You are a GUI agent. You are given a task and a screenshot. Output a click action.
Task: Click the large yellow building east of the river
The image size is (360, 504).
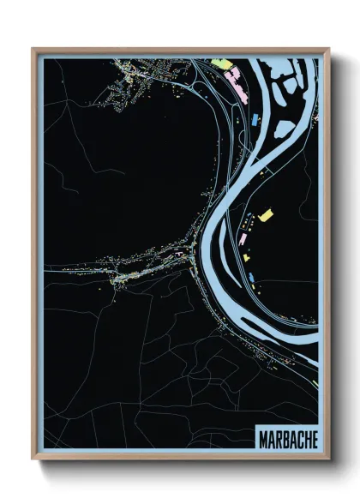[x=266, y=213]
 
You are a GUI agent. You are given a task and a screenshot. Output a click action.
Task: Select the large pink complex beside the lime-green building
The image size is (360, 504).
[x=233, y=81]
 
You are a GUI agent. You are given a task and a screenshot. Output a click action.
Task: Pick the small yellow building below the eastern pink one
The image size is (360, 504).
[x=246, y=256]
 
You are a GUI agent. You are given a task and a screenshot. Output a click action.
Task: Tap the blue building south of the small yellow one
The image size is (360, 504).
[x=255, y=274]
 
